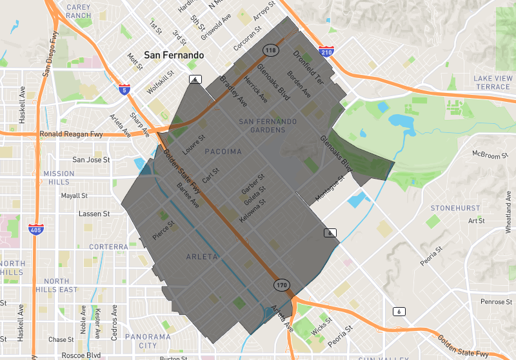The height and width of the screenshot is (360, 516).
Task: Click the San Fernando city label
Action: [x=174, y=55]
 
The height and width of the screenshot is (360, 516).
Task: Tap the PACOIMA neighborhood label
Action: [x=223, y=152]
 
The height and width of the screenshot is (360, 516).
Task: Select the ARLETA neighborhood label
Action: [x=202, y=256]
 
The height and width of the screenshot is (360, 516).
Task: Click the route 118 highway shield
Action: [x=270, y=50]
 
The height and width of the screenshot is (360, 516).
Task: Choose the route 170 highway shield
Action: [x=281, y=285]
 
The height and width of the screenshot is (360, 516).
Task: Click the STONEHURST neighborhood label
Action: [x=455, y=208]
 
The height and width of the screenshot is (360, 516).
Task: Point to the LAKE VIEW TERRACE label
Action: [x=492, y=83]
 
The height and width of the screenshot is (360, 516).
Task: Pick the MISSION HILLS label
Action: [x=59, y=178]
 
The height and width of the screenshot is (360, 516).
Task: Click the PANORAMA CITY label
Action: [x=148, y=341]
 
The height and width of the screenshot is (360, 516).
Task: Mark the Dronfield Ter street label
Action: [x=308, y=68]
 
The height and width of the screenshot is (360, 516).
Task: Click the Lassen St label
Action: [x=94, y=214]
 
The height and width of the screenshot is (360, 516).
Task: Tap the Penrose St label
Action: [x=496, y=302]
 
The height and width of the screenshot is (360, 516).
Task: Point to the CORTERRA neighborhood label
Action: [x=108, y=246]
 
